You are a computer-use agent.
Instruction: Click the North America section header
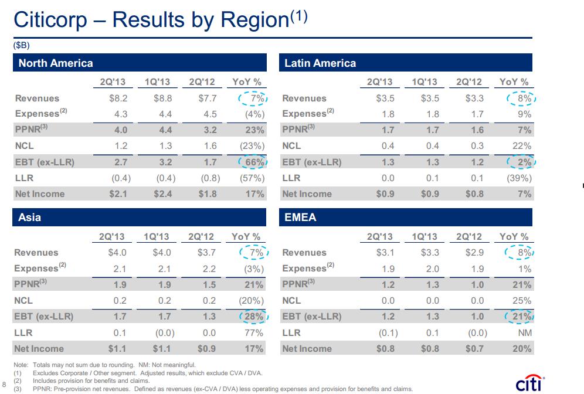56,63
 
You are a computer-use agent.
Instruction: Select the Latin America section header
320,63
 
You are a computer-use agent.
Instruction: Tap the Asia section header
30,217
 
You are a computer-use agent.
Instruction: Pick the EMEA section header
300,217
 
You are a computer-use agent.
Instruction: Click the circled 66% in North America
253,162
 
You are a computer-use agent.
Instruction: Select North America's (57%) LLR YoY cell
252,178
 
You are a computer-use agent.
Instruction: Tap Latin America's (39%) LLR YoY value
518,178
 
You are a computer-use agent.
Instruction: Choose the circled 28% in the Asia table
253,317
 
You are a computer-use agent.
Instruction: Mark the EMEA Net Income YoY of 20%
521,348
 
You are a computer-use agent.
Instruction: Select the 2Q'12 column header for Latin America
469,83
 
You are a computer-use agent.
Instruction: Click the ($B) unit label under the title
21,45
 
